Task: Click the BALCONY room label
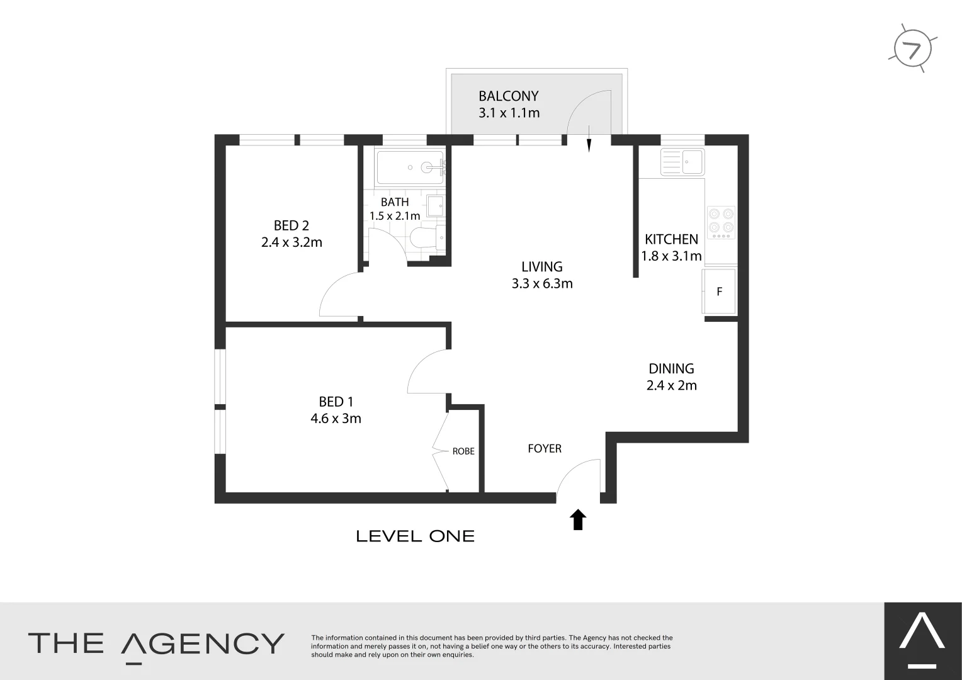[x=508, y=96]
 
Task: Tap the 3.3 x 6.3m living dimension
[x=542, y=284]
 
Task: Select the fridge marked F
[x=719, y=292]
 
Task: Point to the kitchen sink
[x=683, y=162]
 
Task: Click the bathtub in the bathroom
[x=410, y=167]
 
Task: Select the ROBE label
[x=463, y=451]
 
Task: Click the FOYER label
[x=545, y=448]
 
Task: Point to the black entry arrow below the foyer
[x=578, y=519]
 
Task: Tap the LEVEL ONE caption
[x=415, y=536]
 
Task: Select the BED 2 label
[x=291, y=225]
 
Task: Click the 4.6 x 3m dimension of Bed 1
[x=336, y=419]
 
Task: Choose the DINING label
[x=671, y=368]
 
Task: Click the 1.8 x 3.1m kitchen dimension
[x=671, y=256]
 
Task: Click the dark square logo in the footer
[x=922, y=641]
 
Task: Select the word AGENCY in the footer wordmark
[x=202, y=643]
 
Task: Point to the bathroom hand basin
[x=435, y=205]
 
